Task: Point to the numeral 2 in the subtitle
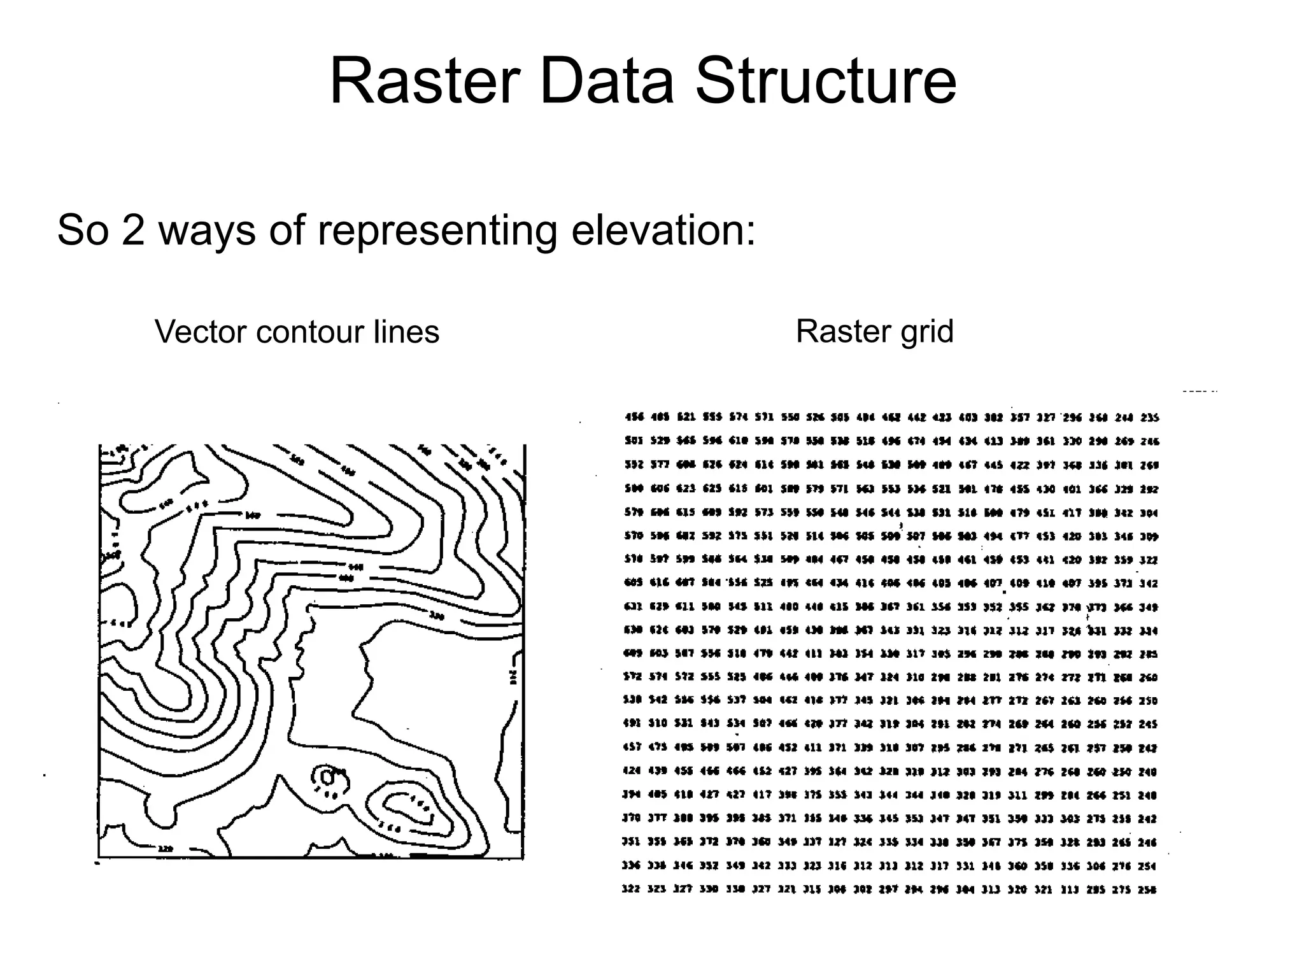[132, 230]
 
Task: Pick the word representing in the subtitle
[437, 230]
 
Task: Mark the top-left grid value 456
[634, 418]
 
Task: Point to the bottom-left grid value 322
[630, 889]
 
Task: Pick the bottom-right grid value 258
[1147, 889]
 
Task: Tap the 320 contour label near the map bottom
[166, 849]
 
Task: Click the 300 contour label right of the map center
[436, 616]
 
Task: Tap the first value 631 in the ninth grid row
[633, 607]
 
